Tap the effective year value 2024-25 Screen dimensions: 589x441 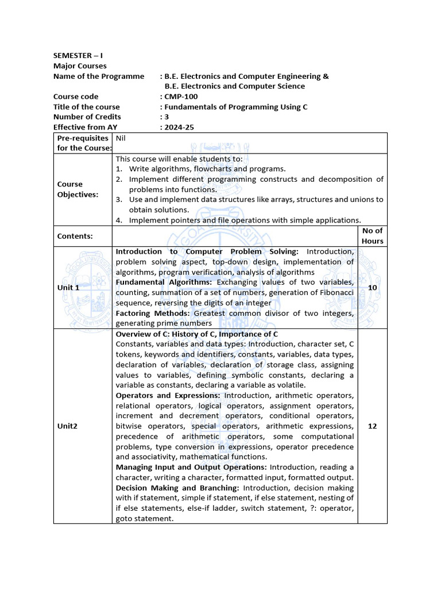(x=179, y=128)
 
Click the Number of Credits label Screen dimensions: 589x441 (x=87, y=117)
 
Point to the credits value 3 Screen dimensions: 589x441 (x=167, y=117)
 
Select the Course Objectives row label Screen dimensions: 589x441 (x=78, y=189)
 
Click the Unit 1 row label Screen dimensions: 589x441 (x=68, y=288)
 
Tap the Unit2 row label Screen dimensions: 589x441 (x=67, y=427)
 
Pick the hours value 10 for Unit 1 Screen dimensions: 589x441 (x=372, y=288)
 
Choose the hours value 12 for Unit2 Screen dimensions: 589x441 (x=372, y=427)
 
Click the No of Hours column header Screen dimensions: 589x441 (x=372, y=236)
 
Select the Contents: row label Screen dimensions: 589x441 (x=75, y=236)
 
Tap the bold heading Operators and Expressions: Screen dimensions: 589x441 (x=168, y=396)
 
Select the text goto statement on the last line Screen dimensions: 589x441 (x=144, y=519)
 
